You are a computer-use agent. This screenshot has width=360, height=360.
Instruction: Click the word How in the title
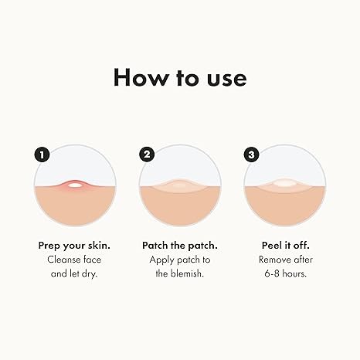(x=141, y=77)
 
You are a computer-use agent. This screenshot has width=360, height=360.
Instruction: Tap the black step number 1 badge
(x=42, y=155)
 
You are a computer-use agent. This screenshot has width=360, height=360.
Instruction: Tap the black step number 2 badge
(x=147, y=155)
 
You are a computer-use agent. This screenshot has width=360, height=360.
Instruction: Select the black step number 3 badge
(x=251, y=155)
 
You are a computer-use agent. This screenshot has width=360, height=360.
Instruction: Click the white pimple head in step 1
(x=75, y=185)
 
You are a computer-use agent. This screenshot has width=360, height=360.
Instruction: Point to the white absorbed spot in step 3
(x=284, y=183)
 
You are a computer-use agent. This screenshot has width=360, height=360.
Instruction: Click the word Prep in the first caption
(x=49, y=246)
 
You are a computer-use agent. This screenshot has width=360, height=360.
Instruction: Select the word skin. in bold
(x=99, y=246)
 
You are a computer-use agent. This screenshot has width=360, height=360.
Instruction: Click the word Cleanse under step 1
(x=63, y=260)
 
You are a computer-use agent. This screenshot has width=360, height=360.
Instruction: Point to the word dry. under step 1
(x=90, y=273)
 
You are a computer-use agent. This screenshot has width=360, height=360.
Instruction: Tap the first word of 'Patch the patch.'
(x=155, y=246)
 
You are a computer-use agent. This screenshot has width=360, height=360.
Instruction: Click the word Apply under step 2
(x=161, y=260)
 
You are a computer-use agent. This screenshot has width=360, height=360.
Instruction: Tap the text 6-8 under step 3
(x=272, y=273)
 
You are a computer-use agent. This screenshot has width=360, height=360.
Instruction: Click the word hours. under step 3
(x=294, y=273)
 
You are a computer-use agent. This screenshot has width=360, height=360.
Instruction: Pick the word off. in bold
(x=301, y=246)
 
